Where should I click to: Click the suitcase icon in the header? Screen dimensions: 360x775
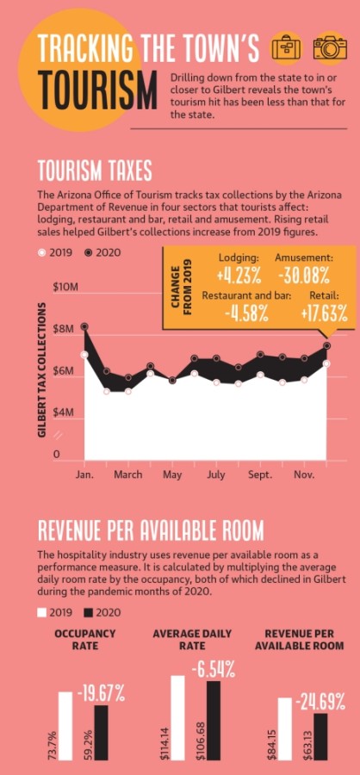click(x=286, y=48)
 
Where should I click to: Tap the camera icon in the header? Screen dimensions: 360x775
click(x=330, y=48)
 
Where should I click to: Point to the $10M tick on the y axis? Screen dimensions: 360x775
click(x=65, y=287)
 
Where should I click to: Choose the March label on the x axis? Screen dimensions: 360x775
click(x=128, y=474)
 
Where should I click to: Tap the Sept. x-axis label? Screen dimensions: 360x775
click(x=259, y=474)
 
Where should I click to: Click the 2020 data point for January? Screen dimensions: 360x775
click(x=84, y=326)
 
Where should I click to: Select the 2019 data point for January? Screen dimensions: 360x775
click(x=84, y=355)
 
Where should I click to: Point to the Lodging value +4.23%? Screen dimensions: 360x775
click(x=239, y=276)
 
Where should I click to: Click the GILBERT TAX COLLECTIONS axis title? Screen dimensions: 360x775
click(x=43, y=369)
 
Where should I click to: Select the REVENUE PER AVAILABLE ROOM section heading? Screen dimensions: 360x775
click(x=151, y=532)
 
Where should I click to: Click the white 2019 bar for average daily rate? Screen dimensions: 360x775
click(x=177, y=717)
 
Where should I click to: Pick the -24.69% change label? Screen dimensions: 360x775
click(x=320, y=702)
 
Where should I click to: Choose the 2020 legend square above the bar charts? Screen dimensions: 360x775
click(x=89, y=613)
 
